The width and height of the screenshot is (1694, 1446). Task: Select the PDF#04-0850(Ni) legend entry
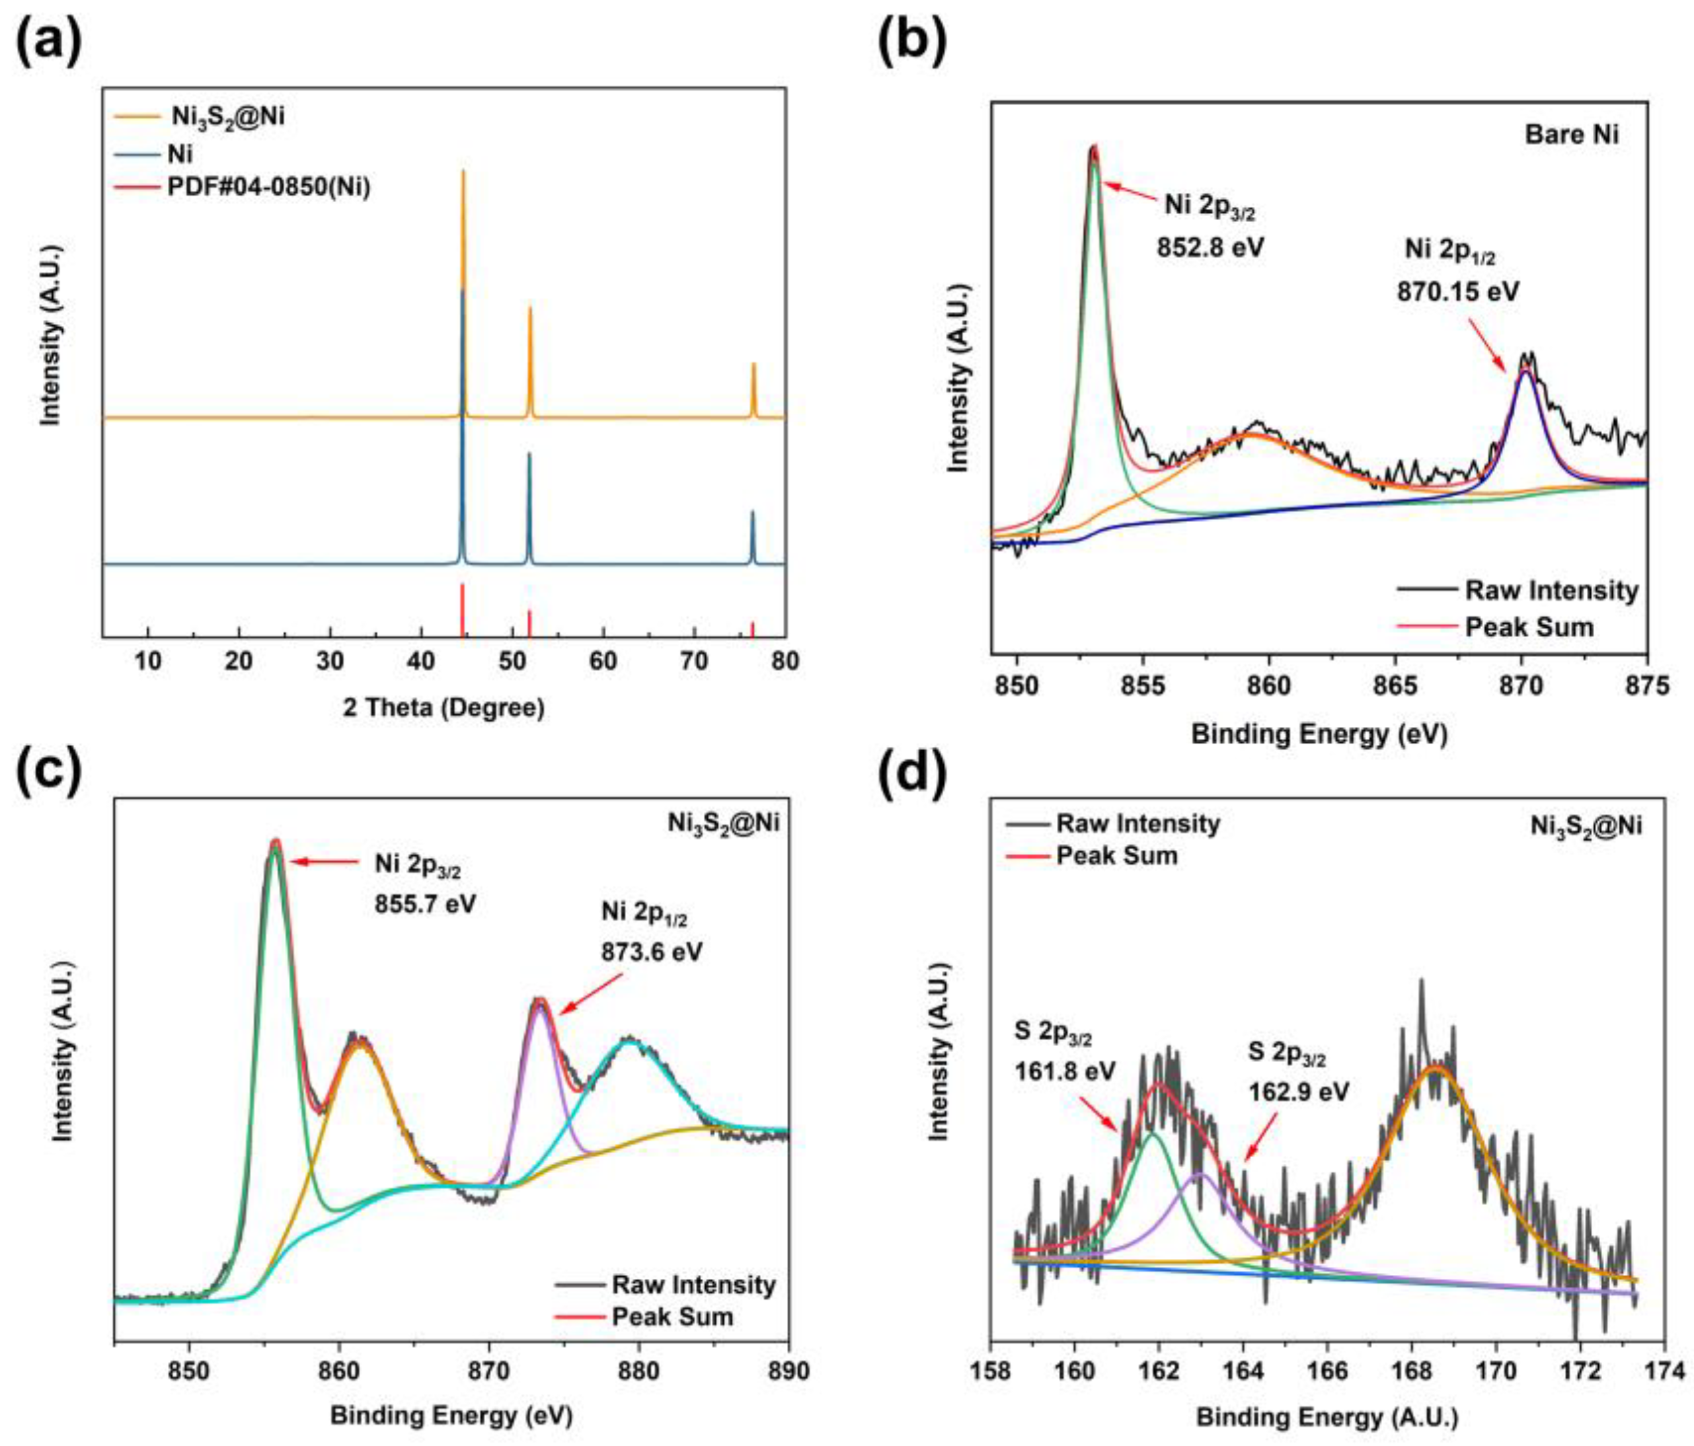tap(268, 187)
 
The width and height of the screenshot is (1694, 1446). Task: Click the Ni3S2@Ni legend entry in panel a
tap(227, 116)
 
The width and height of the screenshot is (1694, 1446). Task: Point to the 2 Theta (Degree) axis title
tap(443, 707)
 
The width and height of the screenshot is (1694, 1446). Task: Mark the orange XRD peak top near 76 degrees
tap(753, 365)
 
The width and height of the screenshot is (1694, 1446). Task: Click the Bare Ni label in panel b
tap(1570, 134)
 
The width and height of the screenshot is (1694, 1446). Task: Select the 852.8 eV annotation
tap(1209, 247)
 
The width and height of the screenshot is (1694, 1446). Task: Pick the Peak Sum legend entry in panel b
tap(1528, 627)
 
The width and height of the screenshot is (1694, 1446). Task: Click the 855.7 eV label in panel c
tap(424, 905)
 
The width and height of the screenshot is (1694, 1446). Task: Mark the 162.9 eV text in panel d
tap(1298, 1092)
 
